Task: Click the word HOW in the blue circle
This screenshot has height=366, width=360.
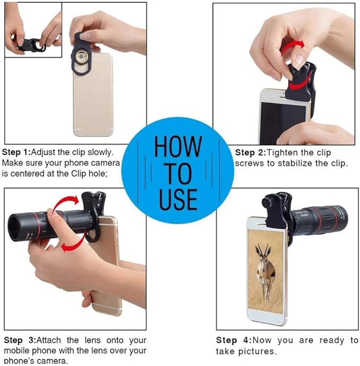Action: (178, 146)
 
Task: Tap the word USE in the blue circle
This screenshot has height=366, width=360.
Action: (179, 199)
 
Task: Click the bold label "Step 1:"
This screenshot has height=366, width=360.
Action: (16, 152)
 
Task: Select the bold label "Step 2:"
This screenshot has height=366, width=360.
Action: (250, 153)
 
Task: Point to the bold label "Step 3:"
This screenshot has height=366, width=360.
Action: (20, 340)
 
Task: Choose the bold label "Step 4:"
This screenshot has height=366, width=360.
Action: (234, 340)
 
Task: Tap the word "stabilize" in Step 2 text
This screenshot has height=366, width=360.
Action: (295, 163)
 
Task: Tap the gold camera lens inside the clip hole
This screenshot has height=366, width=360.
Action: (81, 57)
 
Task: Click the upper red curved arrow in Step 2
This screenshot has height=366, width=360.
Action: (292, 46)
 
